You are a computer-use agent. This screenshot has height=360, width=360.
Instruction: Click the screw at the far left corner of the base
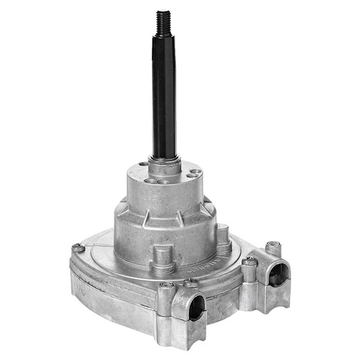coord(77,247)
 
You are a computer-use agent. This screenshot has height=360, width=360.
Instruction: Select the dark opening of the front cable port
coord(196,310)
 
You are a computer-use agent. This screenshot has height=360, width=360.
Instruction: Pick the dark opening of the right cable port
coord(277,274)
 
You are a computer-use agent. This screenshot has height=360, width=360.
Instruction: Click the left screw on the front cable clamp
coord(167,285)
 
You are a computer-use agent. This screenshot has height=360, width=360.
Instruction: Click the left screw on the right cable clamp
coord(250,261)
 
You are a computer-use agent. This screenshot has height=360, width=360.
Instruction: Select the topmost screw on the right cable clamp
coord(274,244)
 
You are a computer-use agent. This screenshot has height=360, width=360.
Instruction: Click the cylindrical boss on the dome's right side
coord(223,237)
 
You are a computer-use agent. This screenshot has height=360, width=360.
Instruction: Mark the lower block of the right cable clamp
coord(270,300)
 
